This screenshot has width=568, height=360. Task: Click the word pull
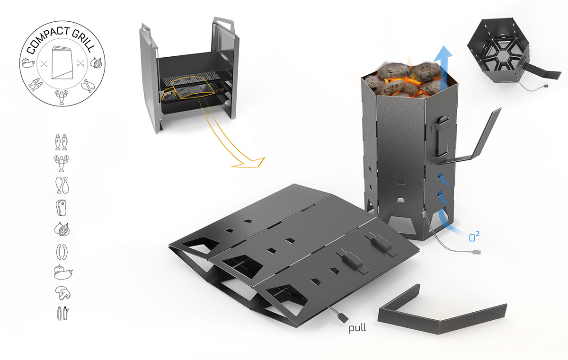pyautogui.click(x=358, y=327)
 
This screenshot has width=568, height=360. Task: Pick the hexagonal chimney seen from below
pyautogui.click(x=504, y=52)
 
